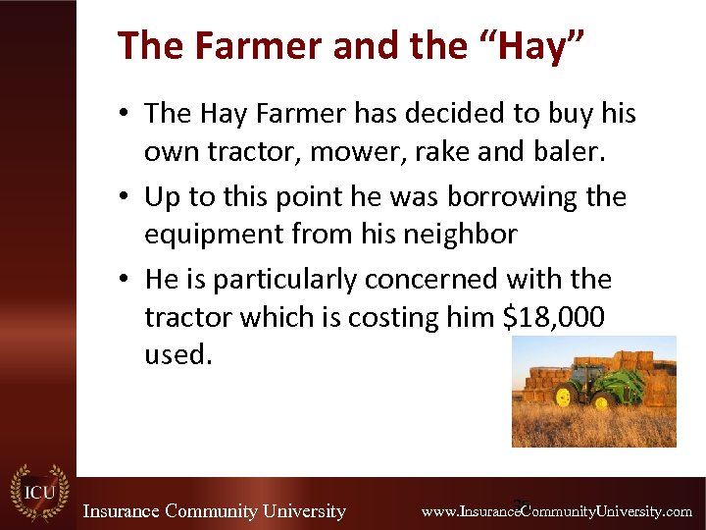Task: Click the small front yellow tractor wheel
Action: click(563, 397)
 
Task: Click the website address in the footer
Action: click(556, 511)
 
